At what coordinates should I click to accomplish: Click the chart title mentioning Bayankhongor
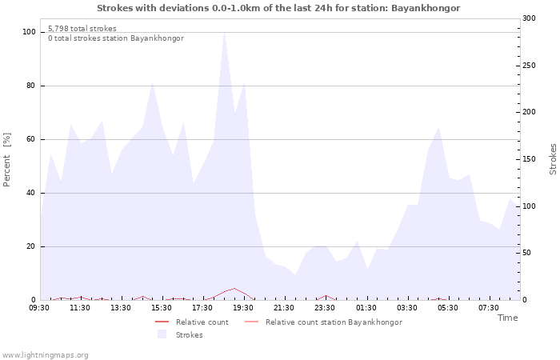(278, 7)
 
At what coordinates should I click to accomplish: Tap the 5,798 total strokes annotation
(82, 28)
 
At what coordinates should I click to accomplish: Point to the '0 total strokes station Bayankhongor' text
(115, 38)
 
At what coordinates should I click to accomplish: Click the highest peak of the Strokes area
(225, 32)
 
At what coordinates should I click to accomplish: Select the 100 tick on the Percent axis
(29, 32)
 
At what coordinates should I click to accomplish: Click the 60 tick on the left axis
(30, 139)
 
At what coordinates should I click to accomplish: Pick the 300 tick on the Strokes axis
(530, 18)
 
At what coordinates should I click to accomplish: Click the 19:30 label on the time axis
(243, 307)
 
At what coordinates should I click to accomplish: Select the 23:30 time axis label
(325, 307)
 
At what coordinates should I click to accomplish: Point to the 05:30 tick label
(447, 307)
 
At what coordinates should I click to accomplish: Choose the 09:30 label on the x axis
(39, 307)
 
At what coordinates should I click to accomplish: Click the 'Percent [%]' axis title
(7, 159)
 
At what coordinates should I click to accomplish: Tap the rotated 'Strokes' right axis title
(552, 159)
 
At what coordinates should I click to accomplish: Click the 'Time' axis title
(507, 318)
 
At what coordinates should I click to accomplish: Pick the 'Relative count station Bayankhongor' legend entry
(333, 322)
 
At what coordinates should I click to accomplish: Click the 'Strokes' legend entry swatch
(162, 334)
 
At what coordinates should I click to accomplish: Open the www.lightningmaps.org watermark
(45, 354)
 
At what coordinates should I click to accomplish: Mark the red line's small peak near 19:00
(234, 289)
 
